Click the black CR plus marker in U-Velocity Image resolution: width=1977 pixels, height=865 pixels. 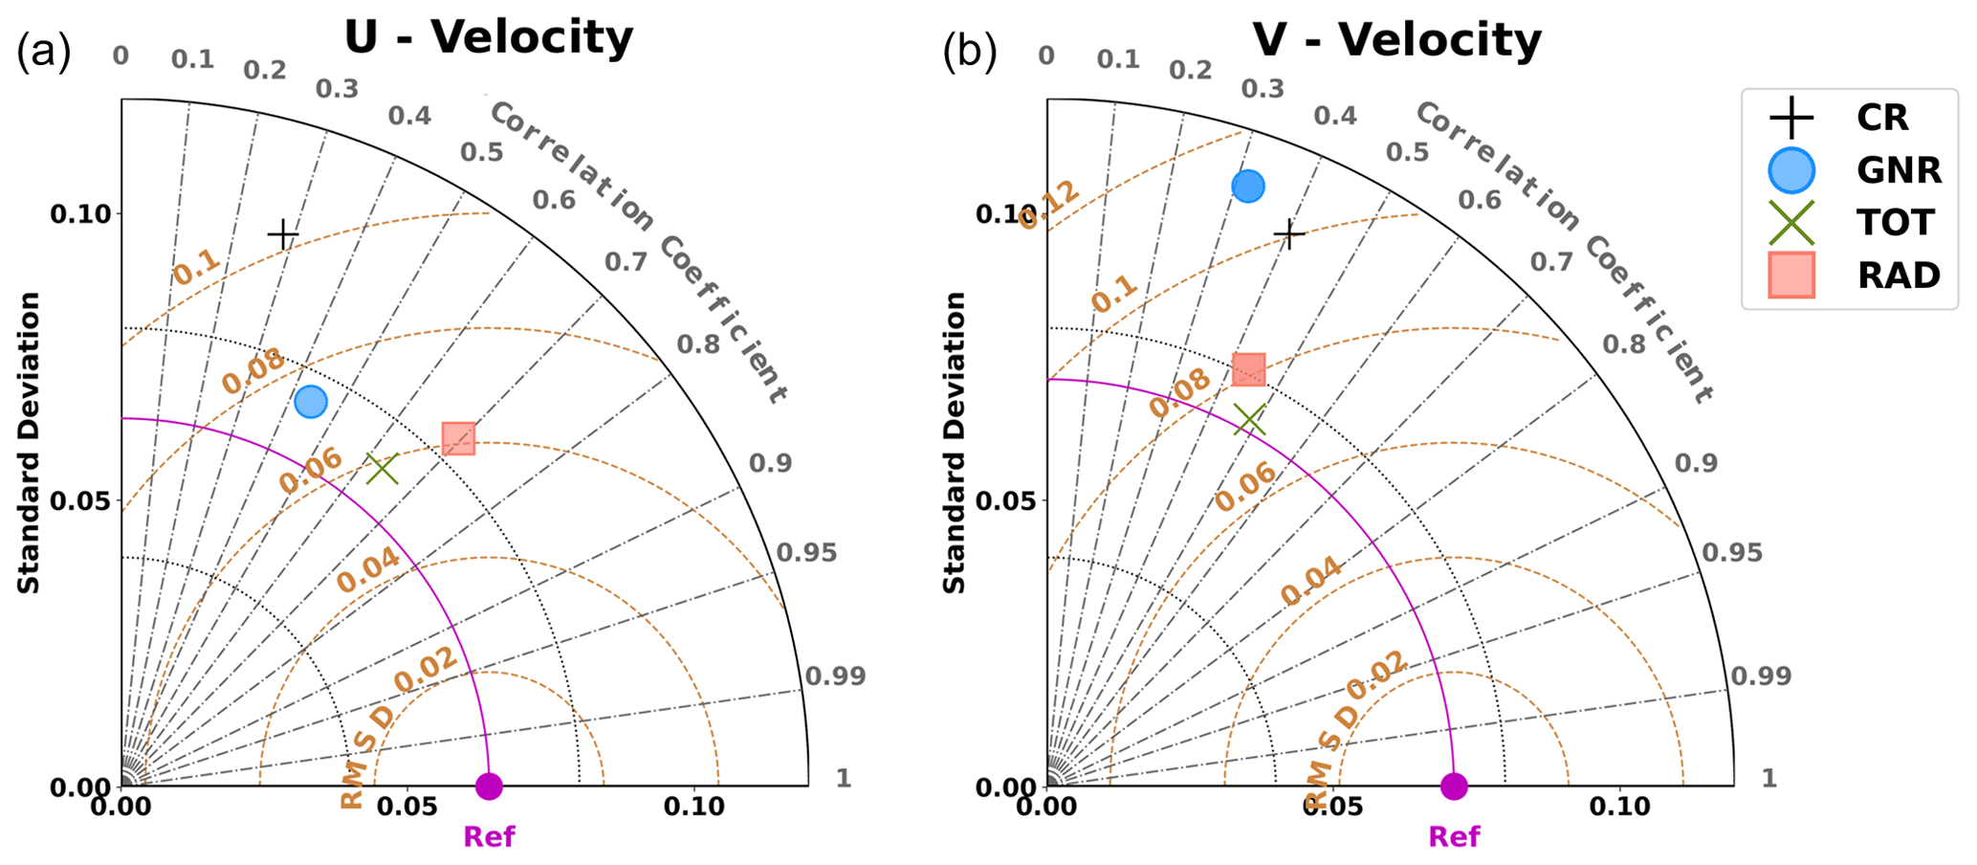[283, 234]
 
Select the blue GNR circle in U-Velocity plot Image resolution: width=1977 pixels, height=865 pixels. [311, 402]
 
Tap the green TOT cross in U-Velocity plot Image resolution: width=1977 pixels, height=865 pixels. [382, 469]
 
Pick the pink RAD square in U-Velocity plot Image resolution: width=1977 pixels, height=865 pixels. [458, 438]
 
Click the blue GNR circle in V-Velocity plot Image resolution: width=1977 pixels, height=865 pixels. [1248, 186]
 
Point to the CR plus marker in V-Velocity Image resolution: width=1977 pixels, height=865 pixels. [1289, 233]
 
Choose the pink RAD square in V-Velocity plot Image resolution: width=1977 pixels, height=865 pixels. [1248, 369]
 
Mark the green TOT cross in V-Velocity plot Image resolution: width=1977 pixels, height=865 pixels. [1249, 419]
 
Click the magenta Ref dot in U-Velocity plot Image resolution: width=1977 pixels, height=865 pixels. [489, 787]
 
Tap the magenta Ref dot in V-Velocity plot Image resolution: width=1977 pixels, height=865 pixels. [1454, 787]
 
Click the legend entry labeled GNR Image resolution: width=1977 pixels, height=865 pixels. [1899, 170]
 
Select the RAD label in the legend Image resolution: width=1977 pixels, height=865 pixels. [1899, 276]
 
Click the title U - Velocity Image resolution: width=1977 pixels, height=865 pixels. [488, 38]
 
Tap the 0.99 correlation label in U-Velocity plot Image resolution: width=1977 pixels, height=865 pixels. [835, 676]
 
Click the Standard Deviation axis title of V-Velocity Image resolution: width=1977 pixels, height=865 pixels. [955, 442]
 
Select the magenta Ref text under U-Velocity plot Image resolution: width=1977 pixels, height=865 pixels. [489, 837]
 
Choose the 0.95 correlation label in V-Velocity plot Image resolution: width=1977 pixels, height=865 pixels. [1731, 553]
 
